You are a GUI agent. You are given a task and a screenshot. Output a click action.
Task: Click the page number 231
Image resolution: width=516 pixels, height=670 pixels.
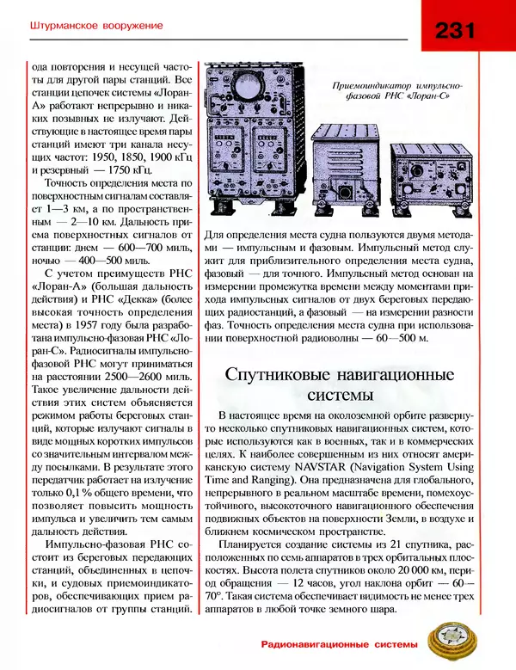457,32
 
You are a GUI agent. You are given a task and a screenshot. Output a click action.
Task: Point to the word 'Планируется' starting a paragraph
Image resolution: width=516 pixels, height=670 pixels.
255,545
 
